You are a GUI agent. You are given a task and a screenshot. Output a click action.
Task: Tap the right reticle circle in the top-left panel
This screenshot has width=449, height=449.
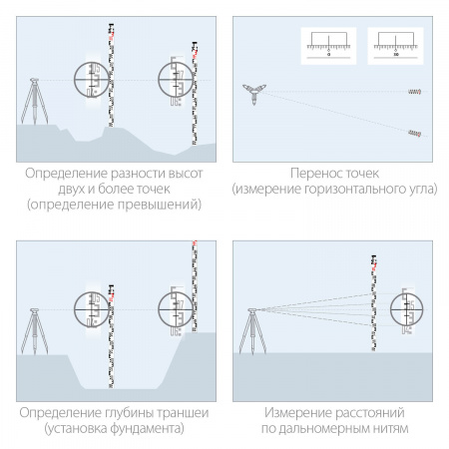pyautogui.click(x=178, y=79)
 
